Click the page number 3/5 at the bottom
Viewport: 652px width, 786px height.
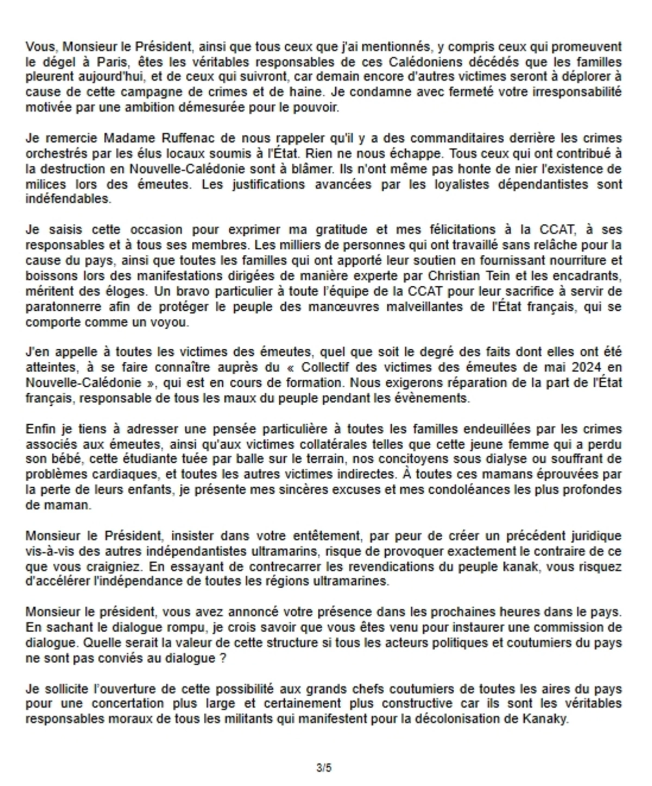pyautogui.click(x=324, y=768)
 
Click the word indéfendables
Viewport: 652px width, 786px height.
pyautogui.click(x=68, y=199)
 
